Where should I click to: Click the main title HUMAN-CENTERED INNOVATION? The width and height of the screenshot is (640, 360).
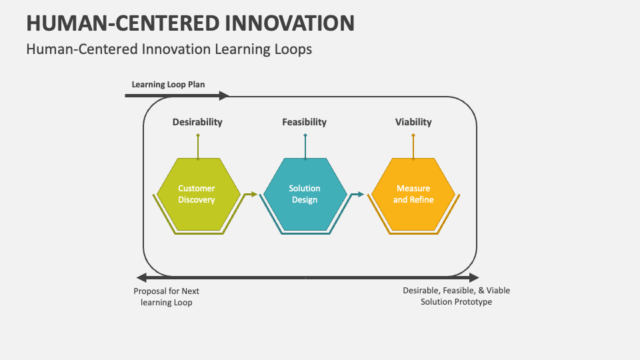pyautogui.click(x=190, y=22)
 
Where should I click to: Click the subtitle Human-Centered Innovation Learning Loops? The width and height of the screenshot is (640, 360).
pyautogui.click(x=169, y=49)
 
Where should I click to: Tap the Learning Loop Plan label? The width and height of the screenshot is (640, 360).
pyautogui.click(x=168, y=85)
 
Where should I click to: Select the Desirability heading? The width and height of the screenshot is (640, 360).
pyautogui.click(x=197, y=122)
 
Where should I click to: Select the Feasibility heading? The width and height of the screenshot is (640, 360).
pyautogui.click(x=304, y=122)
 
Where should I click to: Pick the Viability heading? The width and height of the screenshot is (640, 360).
pyautogui.click(x=413, y=122)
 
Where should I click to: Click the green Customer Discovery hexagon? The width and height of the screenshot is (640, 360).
pyautogui.click(x=197, y=194)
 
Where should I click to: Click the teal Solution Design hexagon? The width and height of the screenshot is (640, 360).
pyautogui.click(x=305, y=194)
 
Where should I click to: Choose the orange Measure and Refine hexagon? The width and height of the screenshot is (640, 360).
pyautogui.click(x=413, y=194)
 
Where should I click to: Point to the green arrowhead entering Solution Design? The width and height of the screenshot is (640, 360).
pyautogui.click(x=253, y=195)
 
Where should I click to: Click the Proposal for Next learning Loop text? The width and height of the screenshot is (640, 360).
pyautogui.click(x=167, y=297)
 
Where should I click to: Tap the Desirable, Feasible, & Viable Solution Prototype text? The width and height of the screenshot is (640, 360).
pyautogui.click(x=456, y=296)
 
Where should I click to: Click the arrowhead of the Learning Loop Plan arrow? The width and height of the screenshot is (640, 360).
pyautogui.click(x=224, y=96)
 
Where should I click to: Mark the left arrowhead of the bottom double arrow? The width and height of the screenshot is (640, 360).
pyautogui.click(x=140, y=277)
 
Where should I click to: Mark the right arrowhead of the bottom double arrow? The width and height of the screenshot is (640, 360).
pyautogui.click(x=474, y=277)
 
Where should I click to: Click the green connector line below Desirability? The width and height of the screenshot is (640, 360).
pyautogui.click(x=198, y=147)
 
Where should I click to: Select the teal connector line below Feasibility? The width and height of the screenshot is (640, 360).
pyautogui.click(x=305, y=147)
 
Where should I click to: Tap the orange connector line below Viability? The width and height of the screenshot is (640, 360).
pyautogui.click(x=413, y=147)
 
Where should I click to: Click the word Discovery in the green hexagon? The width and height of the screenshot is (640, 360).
pyautogui.click(x=197, y=200)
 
